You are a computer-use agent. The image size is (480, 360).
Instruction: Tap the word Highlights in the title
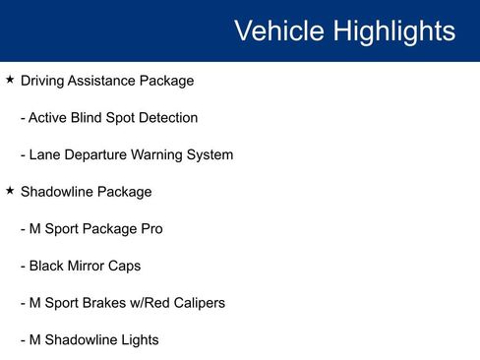(x=393, y=30)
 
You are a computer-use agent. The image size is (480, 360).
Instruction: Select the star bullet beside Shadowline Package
(x=10, y=191)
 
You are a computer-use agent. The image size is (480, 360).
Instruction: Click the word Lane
(x=44, y=154)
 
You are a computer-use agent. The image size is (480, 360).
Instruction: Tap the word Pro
(x=150, y=229)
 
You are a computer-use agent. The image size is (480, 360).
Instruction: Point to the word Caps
(x=126, y=266)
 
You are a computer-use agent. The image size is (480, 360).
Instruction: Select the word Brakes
(x=101, y=303)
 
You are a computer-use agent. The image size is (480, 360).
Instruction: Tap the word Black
(x=46, y=266)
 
